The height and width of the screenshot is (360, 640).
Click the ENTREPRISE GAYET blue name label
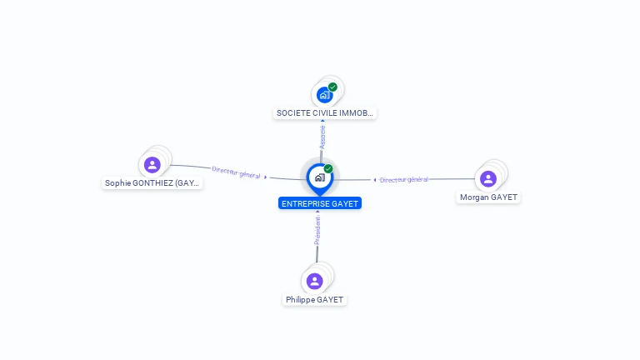[320, 203]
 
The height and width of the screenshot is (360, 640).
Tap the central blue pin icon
[319, 177]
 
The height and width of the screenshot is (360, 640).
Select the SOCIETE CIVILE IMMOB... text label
[325, 112]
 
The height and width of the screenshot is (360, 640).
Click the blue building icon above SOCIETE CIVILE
[324, 95]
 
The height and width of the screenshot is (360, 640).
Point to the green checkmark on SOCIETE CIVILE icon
[332, 87]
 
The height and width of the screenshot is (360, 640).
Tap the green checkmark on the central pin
[328, 168]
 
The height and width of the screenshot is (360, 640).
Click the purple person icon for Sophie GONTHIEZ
[152, 164]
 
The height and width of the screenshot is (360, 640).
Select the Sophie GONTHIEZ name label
[152, 182]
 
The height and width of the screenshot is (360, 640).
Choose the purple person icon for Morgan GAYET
[488, 178]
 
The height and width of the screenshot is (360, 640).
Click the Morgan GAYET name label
[488, 197]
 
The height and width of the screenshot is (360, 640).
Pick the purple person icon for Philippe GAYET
[314, 281]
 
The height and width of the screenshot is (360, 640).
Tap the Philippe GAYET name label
[314, 299]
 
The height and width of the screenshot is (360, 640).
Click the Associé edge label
[322, 137]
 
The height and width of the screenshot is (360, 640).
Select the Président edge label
[317, 231]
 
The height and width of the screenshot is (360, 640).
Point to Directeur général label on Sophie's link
[237, 172]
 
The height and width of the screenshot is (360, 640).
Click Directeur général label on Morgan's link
[404, 179]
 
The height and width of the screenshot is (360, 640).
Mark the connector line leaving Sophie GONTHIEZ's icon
[187, 166]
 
